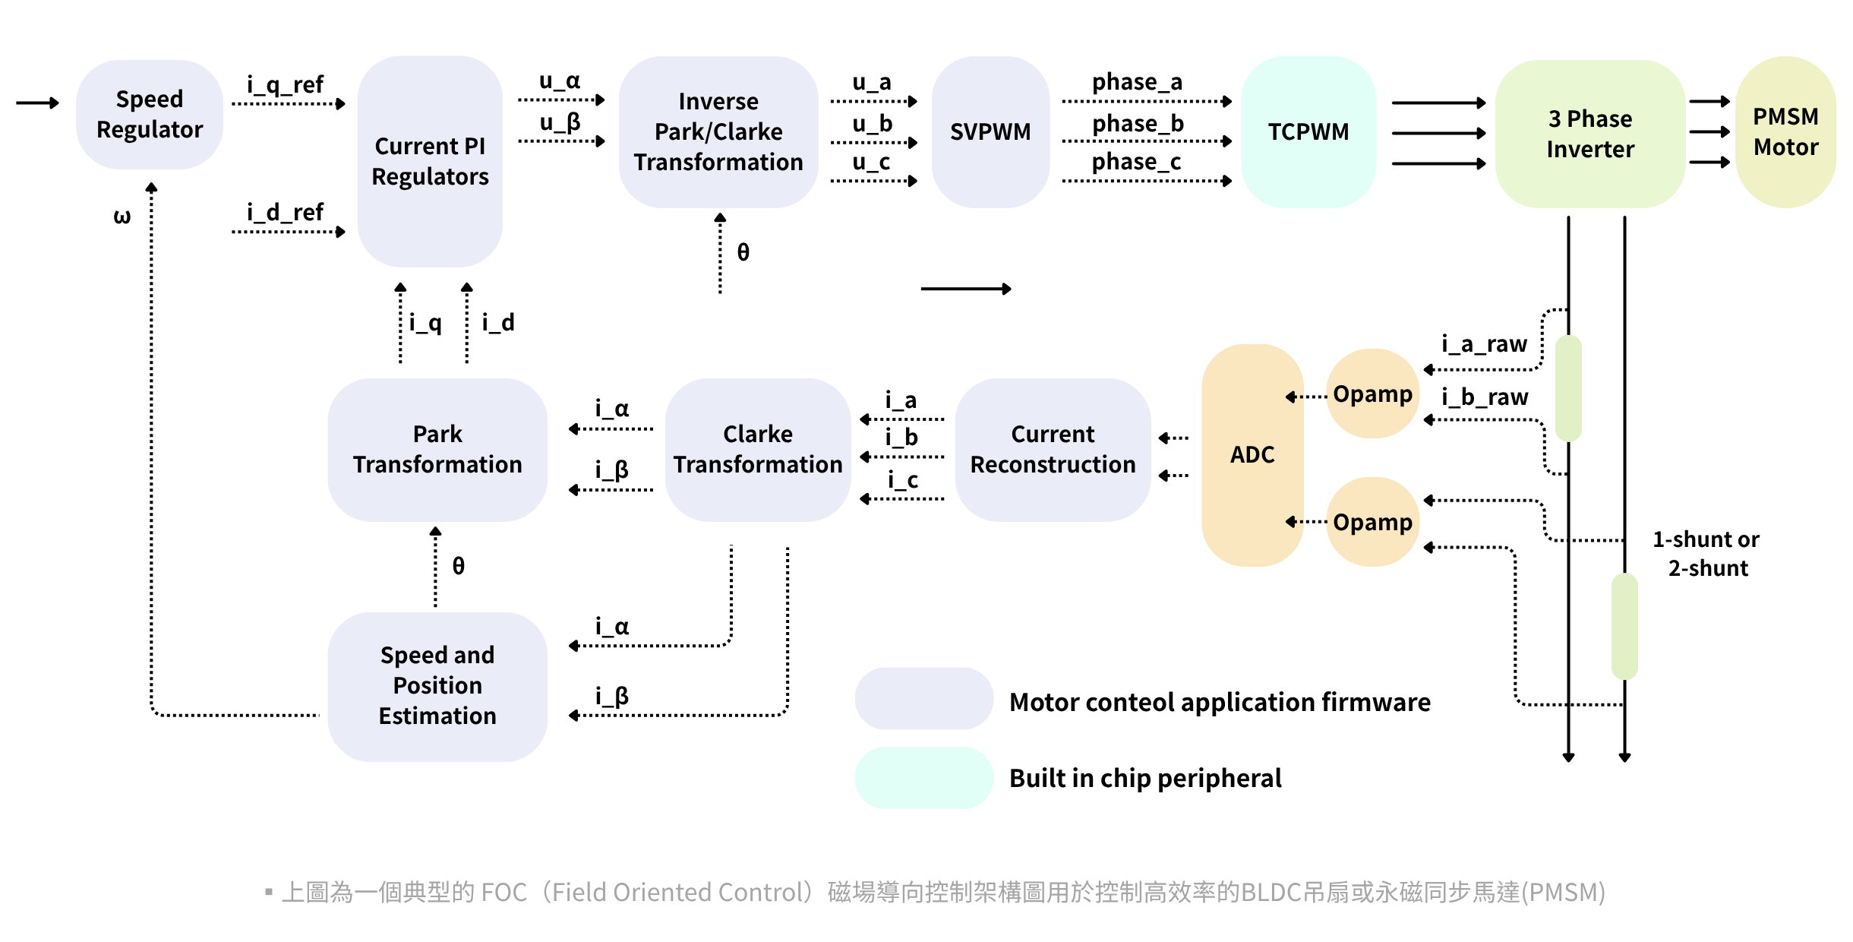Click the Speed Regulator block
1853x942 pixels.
150,115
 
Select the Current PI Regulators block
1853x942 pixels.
430,161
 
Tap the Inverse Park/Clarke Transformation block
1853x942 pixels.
718,131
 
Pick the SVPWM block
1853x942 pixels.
990,131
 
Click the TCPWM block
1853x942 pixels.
1308,131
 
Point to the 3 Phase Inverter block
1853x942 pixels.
1590,134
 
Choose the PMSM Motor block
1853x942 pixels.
1785,131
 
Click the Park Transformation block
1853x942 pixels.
437,449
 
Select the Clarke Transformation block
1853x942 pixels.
758,449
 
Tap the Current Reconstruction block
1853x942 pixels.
1053,449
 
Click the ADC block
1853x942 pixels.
1252,454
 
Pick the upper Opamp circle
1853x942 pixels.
1372,394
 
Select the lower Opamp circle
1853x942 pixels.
1372,522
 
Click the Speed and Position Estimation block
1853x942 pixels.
437,686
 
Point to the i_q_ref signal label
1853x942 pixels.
286,84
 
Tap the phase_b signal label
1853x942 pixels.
1138,123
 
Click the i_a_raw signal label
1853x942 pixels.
1484,344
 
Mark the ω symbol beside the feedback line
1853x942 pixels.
122,217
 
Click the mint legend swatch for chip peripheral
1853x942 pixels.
923,778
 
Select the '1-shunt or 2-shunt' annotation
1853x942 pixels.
1707,554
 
